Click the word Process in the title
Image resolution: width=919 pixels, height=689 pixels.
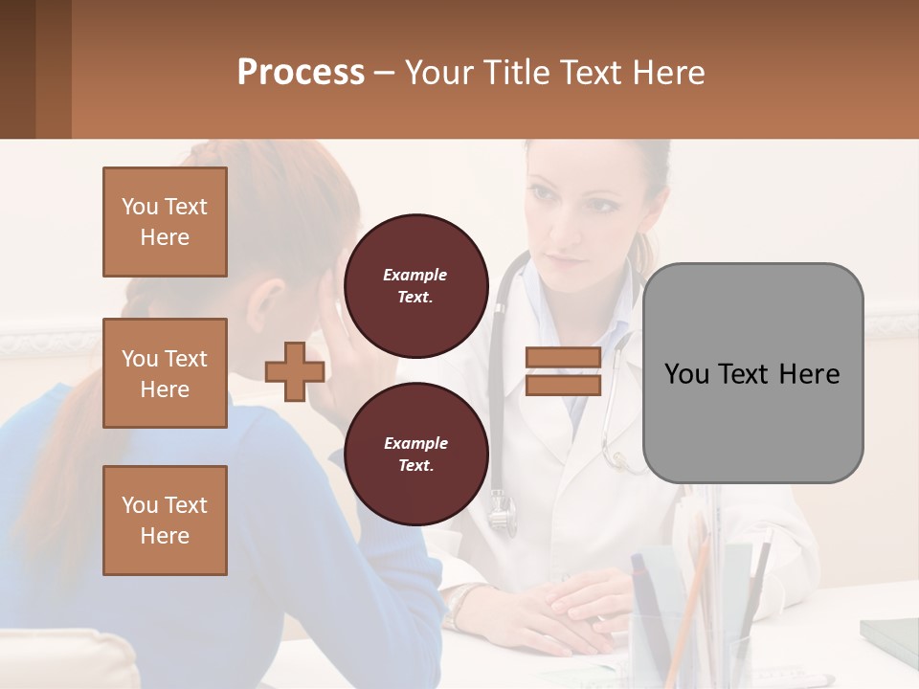(301, 72)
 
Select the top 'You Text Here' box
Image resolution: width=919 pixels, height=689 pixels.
(165, 222)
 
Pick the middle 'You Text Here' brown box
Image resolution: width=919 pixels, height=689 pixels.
(165, 373)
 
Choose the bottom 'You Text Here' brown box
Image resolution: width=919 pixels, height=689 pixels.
(165, 520)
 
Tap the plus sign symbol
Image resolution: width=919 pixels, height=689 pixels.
(295, 372)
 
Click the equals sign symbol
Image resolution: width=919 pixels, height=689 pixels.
(563, 371)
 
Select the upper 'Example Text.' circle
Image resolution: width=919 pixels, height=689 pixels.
(415, 286)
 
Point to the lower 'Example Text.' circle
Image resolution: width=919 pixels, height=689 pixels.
(415, 455)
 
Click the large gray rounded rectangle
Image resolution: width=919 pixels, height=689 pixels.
(752, 373)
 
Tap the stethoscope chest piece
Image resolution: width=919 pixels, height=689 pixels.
(502, 518)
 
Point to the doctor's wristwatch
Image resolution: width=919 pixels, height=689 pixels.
(461, 603)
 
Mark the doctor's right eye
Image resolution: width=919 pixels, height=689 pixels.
(543, 194)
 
